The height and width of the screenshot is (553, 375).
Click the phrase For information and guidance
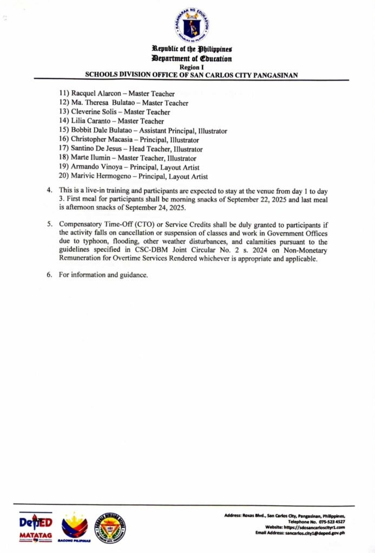[x=103, y=275]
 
